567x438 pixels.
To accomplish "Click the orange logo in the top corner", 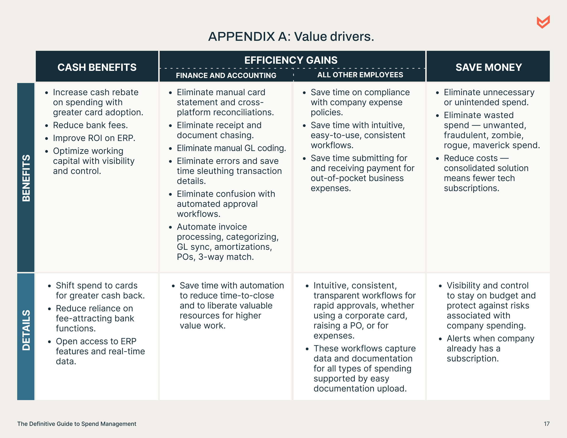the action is (543, 22).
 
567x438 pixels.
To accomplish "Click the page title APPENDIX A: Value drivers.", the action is (291, 36).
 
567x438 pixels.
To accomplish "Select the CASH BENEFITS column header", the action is (97, 68).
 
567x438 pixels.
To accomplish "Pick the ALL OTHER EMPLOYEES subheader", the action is (360, 75).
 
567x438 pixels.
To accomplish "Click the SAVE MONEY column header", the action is (488, 68).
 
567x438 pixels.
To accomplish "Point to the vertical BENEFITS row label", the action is (26, 178).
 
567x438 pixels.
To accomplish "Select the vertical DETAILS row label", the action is (26, 330).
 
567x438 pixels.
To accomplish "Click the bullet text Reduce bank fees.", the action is (90, 125).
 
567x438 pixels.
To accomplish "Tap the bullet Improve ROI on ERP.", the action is (94, 138).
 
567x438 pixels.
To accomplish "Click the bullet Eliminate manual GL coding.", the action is (231, 148).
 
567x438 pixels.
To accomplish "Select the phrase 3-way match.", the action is (226, 257).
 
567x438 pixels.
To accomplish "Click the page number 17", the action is (546, 424).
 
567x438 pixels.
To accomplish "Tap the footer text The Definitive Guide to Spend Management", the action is (77, 424).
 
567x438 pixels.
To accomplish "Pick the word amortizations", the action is (243, 247).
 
